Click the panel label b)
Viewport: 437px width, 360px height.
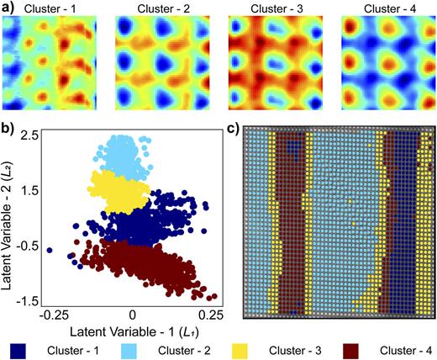pos(8,129)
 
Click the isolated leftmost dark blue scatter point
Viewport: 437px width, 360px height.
pos(50,250)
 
